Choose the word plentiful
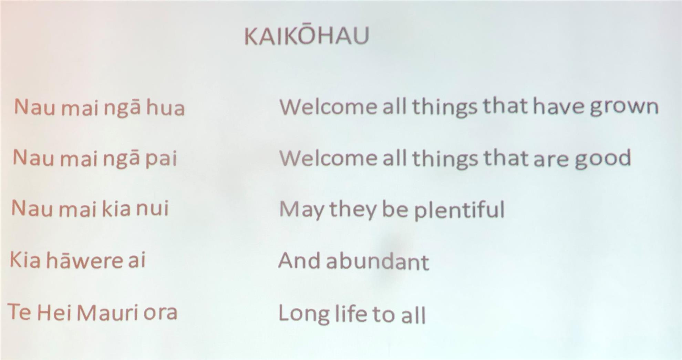[x=459, y=209]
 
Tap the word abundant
[x=378, y=261]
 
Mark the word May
[x=301, y=210]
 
